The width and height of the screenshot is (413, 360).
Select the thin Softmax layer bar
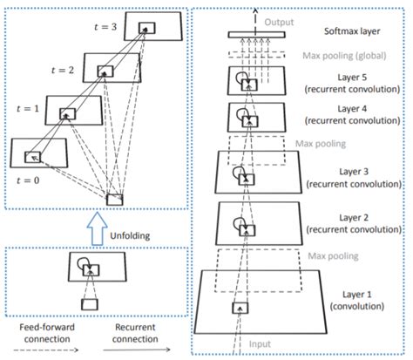pyautogui.click(x=258, y=35)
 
